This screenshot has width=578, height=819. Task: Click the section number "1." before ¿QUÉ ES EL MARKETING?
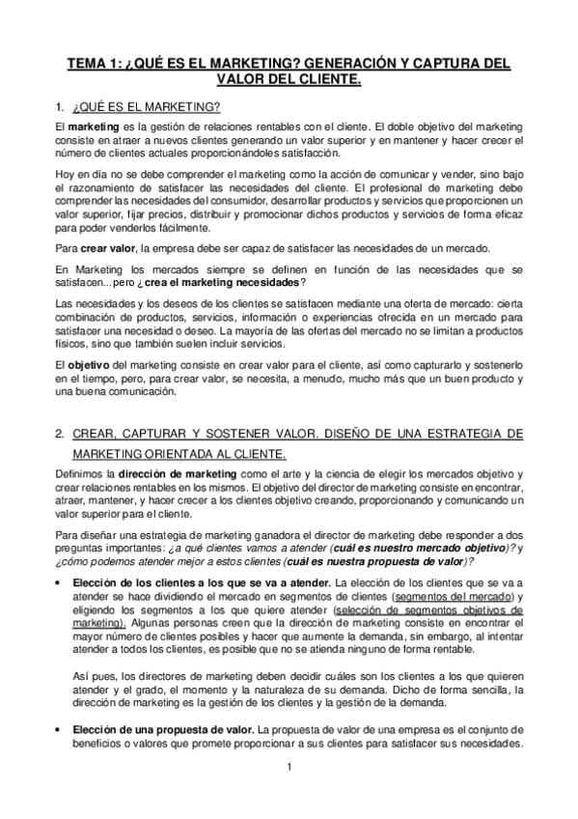click(x=60, y=105)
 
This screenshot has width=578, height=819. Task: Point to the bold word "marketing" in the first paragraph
click(x=93, y=127)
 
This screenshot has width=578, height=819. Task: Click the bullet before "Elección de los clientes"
click(x=60, y=583)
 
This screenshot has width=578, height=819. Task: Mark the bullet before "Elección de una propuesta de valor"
click(x=60, y=729)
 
